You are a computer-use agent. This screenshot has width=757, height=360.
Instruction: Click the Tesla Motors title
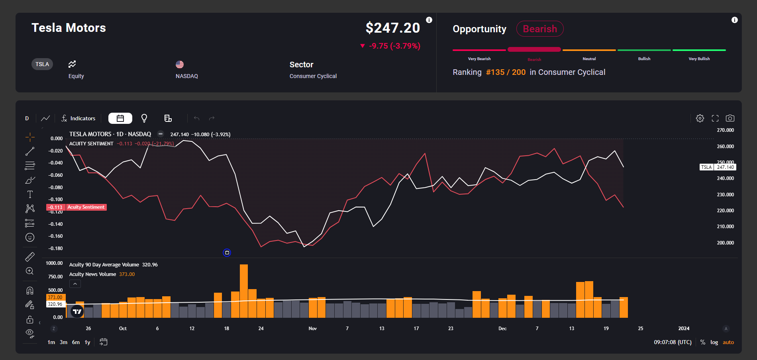click(x=69, y=27)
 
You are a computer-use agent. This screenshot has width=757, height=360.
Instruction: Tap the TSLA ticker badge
click(x=42, y=64)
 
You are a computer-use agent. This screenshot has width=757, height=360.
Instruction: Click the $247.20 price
click(x=392, y=27)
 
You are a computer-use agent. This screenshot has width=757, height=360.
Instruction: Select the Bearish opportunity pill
click(x=539, y=29)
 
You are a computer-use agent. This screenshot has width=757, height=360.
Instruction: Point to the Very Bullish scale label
click(x=699, y=59)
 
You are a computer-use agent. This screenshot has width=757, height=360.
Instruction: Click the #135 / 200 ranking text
click(x=506, y=72)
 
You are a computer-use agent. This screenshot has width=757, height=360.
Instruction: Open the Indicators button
click(x=78, y=118)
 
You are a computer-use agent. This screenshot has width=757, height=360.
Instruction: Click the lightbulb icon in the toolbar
click(x=144, y=118)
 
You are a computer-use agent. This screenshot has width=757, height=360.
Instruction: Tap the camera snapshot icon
click(x=730, y=118)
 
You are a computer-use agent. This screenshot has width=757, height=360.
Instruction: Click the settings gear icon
click(x=700, y=118)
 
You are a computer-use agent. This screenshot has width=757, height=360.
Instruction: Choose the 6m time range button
click(x=76, y=342)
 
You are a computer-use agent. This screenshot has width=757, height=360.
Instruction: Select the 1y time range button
click(x=87, y=342)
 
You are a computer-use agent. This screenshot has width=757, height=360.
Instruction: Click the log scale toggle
click(x=714, y=342)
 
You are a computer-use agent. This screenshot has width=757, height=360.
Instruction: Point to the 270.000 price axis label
click(x=725, y=130)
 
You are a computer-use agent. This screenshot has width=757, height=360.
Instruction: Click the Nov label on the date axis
click(x=313, y=329)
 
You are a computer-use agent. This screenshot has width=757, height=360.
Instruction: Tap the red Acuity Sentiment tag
click(x=86, y=207)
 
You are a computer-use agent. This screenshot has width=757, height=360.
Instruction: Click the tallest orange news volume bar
click(x=244, y=291)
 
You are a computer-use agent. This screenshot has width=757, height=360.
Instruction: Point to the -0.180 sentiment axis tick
click(x=55, y=248)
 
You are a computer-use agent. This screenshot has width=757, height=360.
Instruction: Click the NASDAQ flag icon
click(x=180, y=64)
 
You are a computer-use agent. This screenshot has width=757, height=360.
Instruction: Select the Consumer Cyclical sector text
click(x=313, y=76)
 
